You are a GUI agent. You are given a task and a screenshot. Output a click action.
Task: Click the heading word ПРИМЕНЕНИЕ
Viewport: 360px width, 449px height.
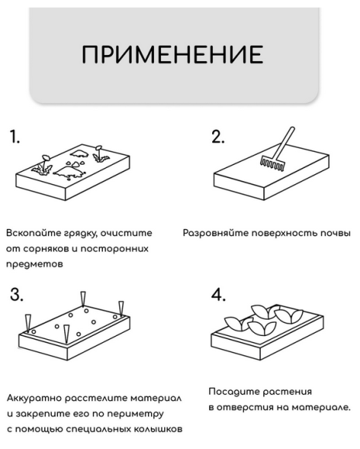tap(176, 55)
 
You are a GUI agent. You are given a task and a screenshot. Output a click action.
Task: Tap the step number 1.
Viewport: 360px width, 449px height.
tap(15, 137)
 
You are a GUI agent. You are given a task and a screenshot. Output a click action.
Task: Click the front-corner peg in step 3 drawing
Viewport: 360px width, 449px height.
tap(67, 335)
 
